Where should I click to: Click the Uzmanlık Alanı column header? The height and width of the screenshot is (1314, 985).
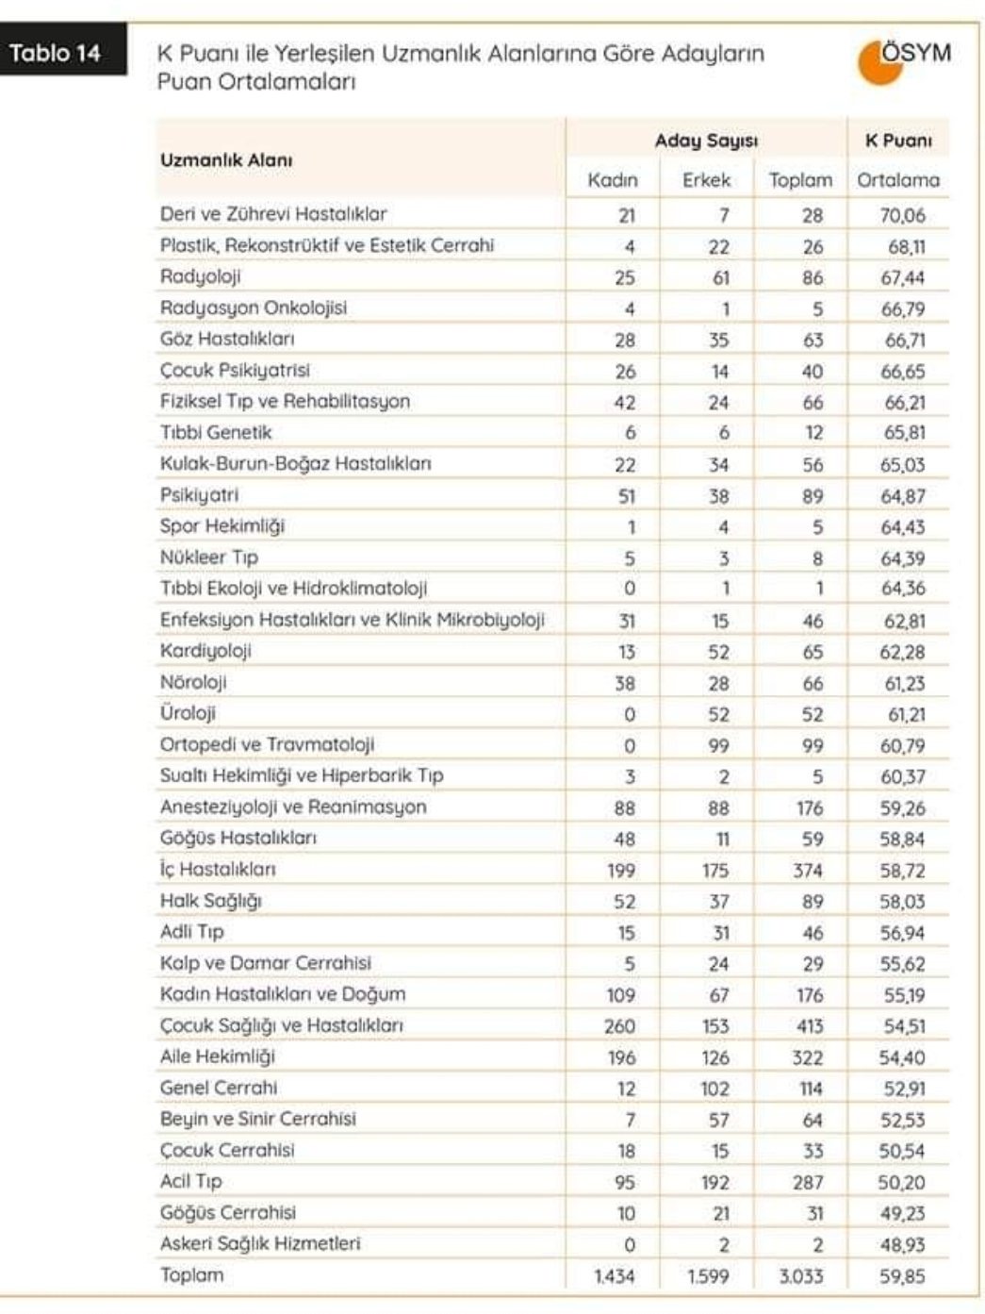226,159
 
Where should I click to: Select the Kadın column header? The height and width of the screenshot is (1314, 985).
613,179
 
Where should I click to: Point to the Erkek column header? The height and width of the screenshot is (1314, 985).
707,179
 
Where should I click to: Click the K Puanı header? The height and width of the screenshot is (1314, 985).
898,141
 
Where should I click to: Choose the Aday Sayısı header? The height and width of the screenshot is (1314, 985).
706,141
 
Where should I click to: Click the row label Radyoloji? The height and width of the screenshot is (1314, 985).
201,276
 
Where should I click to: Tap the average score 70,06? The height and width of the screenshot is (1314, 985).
902,215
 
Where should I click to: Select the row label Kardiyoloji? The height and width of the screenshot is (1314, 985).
205,651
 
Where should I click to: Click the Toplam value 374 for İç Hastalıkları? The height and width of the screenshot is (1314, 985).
807,871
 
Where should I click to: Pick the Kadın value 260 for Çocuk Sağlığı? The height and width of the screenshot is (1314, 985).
619,1026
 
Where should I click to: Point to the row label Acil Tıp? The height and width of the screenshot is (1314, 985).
191,1181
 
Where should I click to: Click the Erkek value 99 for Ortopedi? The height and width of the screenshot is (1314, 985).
718,746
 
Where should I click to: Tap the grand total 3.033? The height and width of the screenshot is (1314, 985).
800,1276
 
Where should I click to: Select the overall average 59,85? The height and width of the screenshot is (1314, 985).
902,1276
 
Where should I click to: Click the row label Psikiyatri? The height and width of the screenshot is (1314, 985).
199,495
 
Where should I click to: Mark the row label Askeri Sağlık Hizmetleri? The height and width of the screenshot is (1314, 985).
260,1243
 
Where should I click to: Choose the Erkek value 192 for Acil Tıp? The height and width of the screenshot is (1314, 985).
714,1182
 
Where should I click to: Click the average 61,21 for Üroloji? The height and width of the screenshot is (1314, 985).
905,715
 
